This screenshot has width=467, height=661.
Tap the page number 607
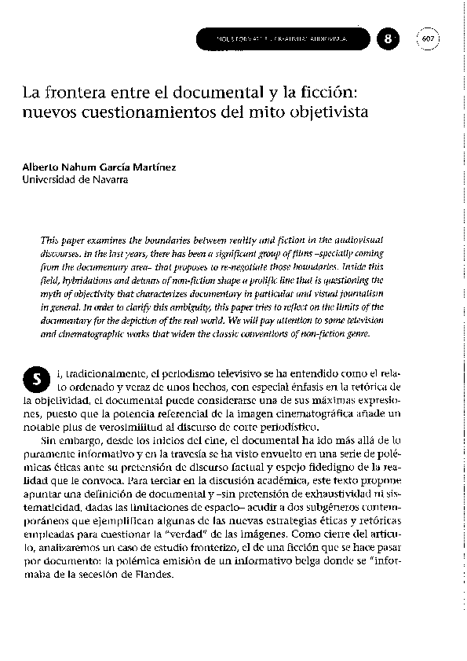tap(429, 38)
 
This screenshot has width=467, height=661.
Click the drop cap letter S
tap(36, 380)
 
